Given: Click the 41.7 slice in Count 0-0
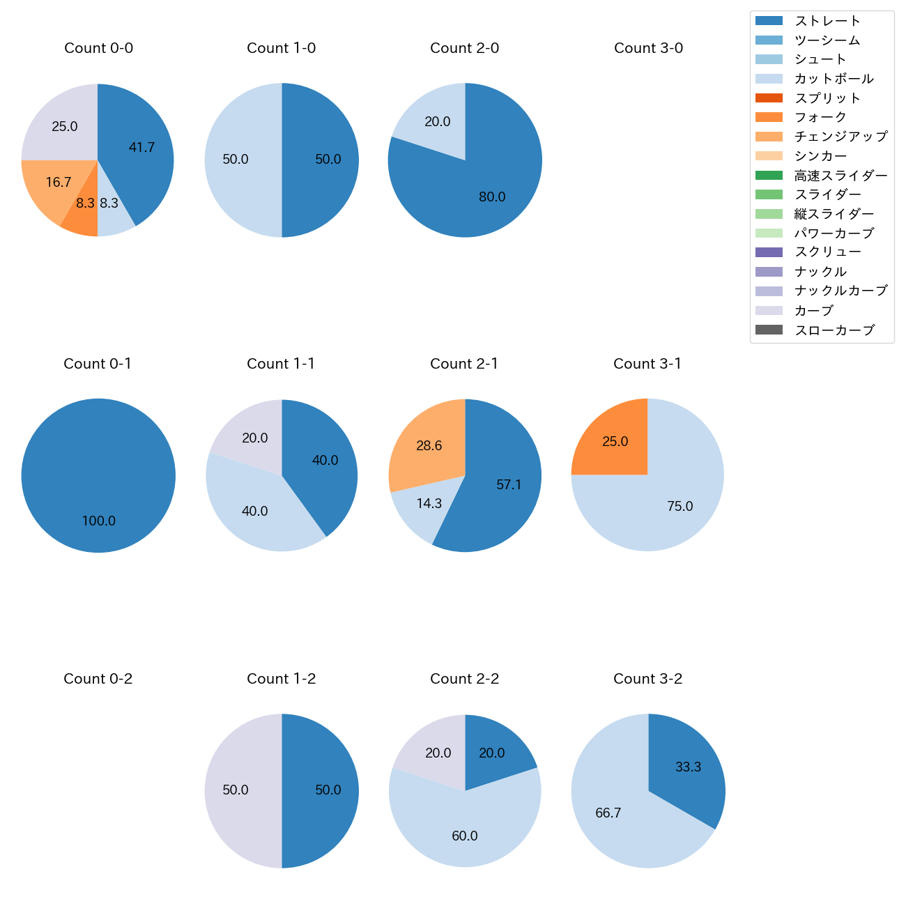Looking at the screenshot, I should pyautogui.click(x=139, y=150).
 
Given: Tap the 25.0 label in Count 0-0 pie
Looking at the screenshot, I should pyautogui.click(x=65, y=127).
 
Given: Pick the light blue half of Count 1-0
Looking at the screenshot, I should pyautogui.click(x=237, y=160).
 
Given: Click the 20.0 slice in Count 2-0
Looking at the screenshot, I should pyautogui.click(x=436, y=125).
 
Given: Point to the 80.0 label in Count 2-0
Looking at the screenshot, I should pyautogui.click(x=492, y=197).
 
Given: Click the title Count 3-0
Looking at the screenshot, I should pyautogui.click(x=648, y=48).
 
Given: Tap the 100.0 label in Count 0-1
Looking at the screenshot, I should pyautogui.click(x=99, y=521).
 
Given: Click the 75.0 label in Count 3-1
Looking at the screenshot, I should pyautogui.click(x=680, y=507).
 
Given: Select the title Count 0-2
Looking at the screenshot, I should pyautogui.click(x=98, y=679).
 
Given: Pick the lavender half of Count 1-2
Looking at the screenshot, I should pyautogui.click(x=237, y=791).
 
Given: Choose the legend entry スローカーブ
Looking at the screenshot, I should pyautogui.click(x=834, y=330).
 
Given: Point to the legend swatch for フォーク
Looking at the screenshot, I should pyautogui.click(x=769, y=117).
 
